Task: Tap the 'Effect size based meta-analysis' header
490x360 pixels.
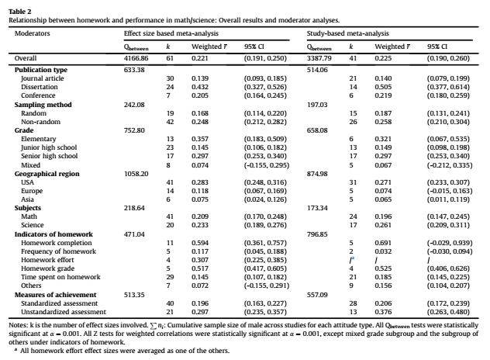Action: [171, 34]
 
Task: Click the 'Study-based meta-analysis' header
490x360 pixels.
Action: [348, 34]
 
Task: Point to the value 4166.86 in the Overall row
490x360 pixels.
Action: [136, 58]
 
